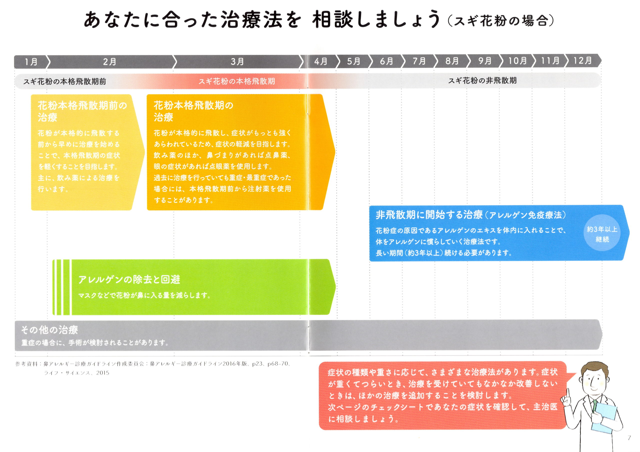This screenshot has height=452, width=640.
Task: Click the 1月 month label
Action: tap(31, 61)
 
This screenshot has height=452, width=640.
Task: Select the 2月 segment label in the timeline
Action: tap(109, 61)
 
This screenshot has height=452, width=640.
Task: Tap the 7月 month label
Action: tap(419, 61)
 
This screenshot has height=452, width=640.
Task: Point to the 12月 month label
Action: tap(582, 60)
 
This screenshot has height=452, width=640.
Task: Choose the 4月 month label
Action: tap(321, 61)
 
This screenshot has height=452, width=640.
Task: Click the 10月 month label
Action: tap(517, 61)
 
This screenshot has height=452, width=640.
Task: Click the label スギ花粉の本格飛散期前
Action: tap(65, 81)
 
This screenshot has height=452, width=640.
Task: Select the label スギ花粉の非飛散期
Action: tap(482, 80)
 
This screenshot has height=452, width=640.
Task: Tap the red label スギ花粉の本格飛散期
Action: tap(237, 81)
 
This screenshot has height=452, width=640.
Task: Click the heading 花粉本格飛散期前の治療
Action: tap(82, 111)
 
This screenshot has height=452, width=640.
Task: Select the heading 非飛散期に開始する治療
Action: tap(429, 215)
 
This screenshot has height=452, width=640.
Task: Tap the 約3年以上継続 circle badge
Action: tap(602, 233)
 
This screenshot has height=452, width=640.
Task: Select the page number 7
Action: tap(629, 438)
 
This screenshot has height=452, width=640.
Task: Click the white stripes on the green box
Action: tap(62, 287)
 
